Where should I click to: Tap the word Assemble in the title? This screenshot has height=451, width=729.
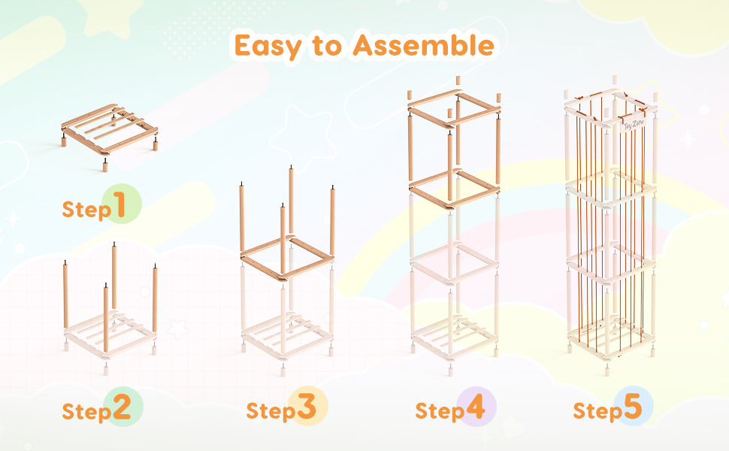click(x=423, y=45)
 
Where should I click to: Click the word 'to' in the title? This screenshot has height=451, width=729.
click(x=328, y=46)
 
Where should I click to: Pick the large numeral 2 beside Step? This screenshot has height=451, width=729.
click(x=121, y=407)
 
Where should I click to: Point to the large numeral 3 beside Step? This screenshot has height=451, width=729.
click(x=307, y=407)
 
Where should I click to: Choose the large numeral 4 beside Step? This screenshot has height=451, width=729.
click(x=475, y=407)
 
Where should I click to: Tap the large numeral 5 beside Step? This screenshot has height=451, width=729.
click(x=632, y=407)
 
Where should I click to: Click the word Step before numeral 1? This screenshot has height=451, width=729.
click(x=87, y=210)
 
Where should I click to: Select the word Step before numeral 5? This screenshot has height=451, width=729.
click(x=598, y=411)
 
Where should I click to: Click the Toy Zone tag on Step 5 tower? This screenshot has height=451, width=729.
click(x=634, y=125)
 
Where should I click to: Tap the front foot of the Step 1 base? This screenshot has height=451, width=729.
click(x=105, y=166)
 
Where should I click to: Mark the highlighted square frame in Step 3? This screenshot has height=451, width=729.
click(x=287, y=257)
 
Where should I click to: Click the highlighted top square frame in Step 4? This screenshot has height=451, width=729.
click(x=454, y=108)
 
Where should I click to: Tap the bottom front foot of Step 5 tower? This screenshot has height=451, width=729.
click(x=607, y=371)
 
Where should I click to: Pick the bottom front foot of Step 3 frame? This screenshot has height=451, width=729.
click(x=283, y=370)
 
